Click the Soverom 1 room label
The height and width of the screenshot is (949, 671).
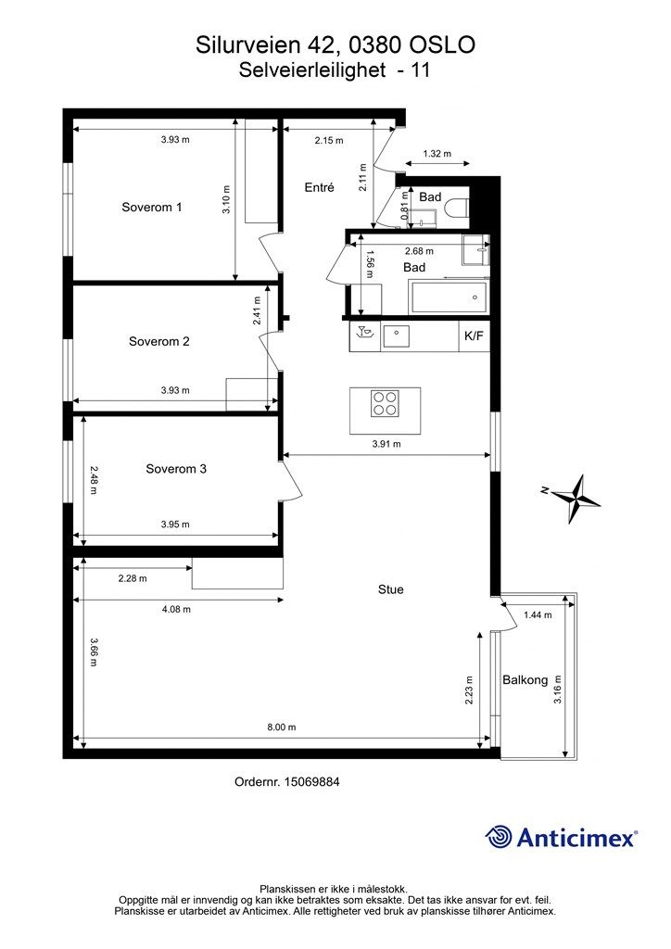[151, 207]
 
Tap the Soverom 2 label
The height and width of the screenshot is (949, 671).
[159, 341]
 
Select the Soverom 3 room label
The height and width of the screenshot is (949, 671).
[176, 468]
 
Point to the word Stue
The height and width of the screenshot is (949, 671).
[391, 589]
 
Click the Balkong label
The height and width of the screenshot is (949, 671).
[525, 680]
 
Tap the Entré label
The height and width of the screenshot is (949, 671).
[320, 187]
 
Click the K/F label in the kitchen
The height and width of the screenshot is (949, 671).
[474, 335]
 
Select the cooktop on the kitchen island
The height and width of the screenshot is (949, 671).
[385, 404]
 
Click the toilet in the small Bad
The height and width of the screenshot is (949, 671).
[457, 208]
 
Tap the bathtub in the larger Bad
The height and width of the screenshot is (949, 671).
[449, 297]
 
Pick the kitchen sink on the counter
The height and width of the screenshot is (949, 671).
[396, 335]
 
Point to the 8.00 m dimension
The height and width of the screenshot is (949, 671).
[282, 727]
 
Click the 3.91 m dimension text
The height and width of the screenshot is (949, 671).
[386, 444]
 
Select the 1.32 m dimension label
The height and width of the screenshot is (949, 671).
[437, 154]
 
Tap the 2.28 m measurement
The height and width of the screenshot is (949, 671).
[133, 578]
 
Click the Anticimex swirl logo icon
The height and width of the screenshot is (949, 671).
[499, 838]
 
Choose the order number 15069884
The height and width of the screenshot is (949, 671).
[313, 782]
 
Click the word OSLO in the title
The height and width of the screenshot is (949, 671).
[443, 45]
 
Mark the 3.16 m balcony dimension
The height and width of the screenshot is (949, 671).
[558, 690]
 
